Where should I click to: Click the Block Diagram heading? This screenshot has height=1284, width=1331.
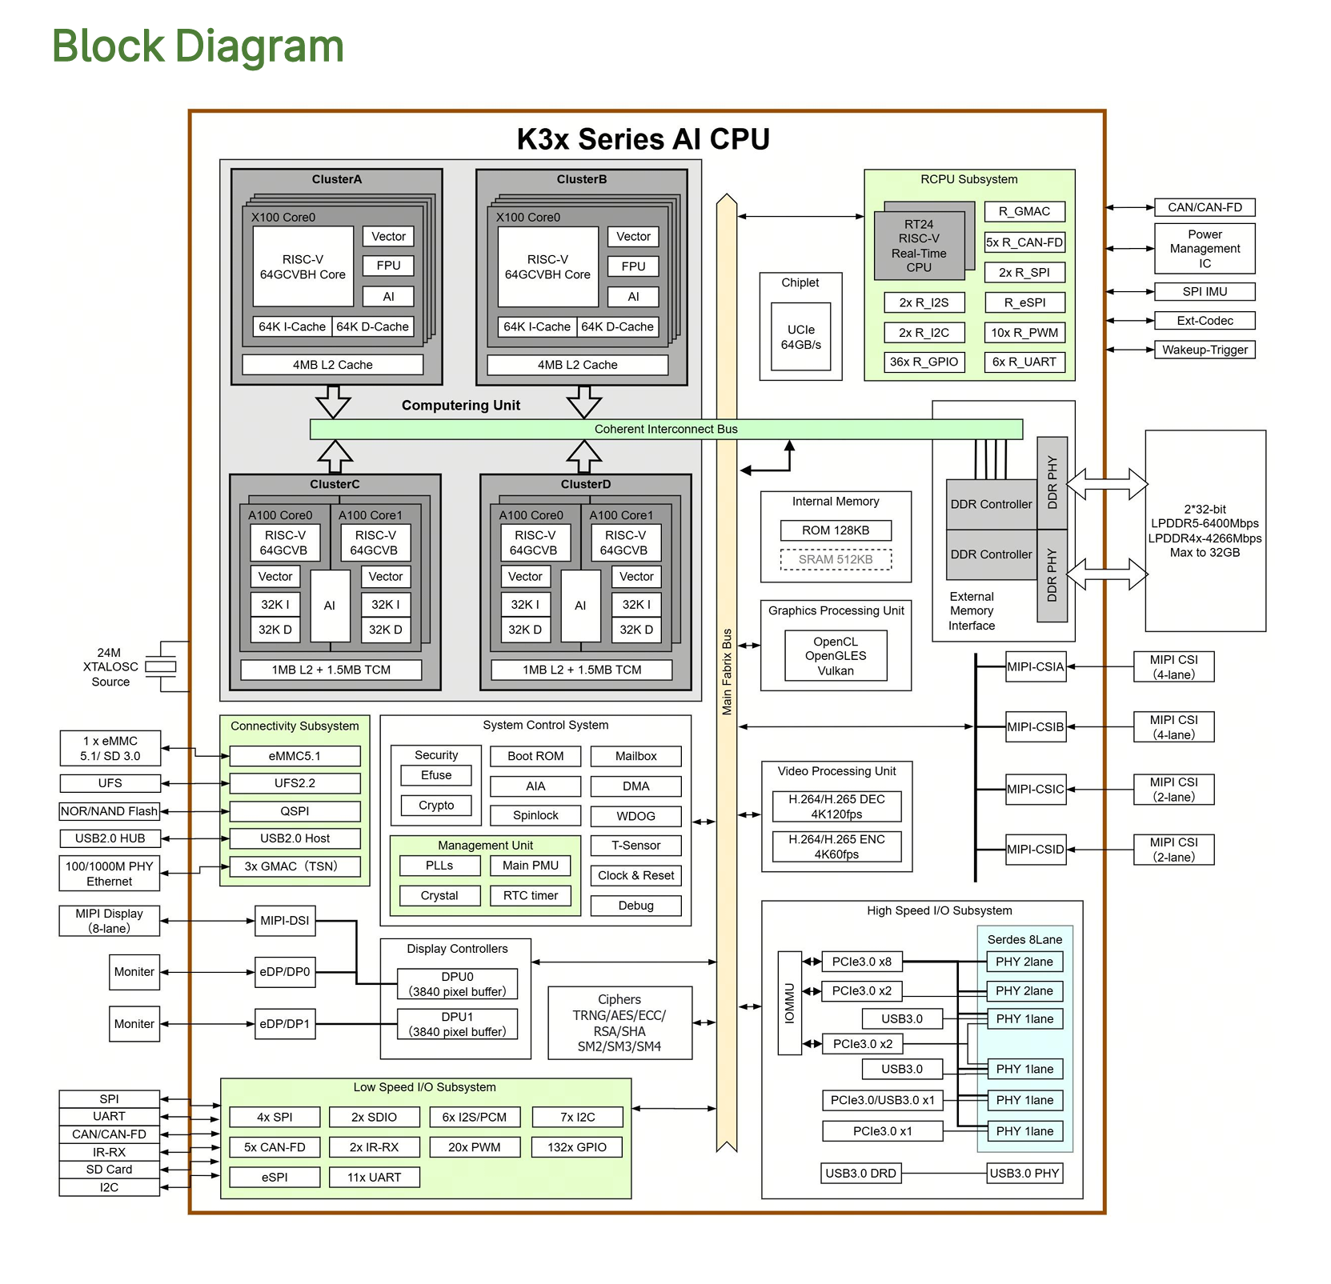point(198,46)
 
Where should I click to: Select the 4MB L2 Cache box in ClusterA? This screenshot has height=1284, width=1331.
point(332,365)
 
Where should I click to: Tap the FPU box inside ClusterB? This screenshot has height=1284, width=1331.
point(633,266)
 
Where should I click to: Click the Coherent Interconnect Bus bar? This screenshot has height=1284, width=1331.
point(665,430)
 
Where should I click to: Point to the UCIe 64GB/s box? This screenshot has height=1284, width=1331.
point(800,337)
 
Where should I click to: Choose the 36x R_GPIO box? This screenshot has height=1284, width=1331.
point(924,362)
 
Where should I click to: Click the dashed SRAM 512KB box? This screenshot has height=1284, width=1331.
point(836,559)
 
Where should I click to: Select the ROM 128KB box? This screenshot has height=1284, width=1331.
point(836,530)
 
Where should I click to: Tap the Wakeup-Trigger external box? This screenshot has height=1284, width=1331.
point(1205,350)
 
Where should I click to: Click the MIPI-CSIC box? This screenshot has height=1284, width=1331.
point(1036,789)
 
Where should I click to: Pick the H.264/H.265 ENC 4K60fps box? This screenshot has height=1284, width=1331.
point(836,846)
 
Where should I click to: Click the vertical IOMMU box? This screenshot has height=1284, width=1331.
point(790,1003)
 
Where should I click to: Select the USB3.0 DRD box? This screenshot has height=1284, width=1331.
point(860,1174)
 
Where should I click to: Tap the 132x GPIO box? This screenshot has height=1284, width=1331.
point(576,1147)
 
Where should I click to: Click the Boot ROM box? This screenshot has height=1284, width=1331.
point(535,756)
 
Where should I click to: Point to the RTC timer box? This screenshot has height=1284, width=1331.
point(531,896)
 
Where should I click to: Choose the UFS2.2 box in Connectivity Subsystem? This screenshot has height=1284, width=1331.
point(295,783)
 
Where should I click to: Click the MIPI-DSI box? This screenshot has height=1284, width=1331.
point(284,921)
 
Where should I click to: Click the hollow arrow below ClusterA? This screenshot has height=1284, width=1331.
point(333,402)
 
